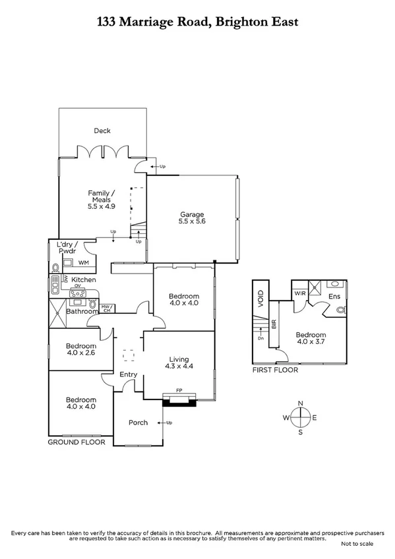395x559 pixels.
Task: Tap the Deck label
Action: [x=102, y=131]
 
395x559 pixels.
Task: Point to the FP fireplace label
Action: [x=179, y=390]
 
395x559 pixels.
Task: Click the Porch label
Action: [x=138, y=423]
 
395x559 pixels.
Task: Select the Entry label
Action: [x=128, y=374]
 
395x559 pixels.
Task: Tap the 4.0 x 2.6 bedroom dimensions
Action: [x=80, y=354]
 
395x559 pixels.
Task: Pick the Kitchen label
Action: [x=84, y=279]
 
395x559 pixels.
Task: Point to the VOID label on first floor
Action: [x=260, y=298]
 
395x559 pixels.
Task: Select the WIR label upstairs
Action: [x=299, y=293]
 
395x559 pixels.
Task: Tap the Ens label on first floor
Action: [x=334, y=297]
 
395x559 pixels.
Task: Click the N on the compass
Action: [x=300, y=402]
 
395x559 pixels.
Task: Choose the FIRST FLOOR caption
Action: [x=275, y=370]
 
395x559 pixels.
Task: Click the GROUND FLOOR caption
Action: [x=76, y=442]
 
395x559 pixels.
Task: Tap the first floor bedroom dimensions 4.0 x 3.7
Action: [x=311, y=341]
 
